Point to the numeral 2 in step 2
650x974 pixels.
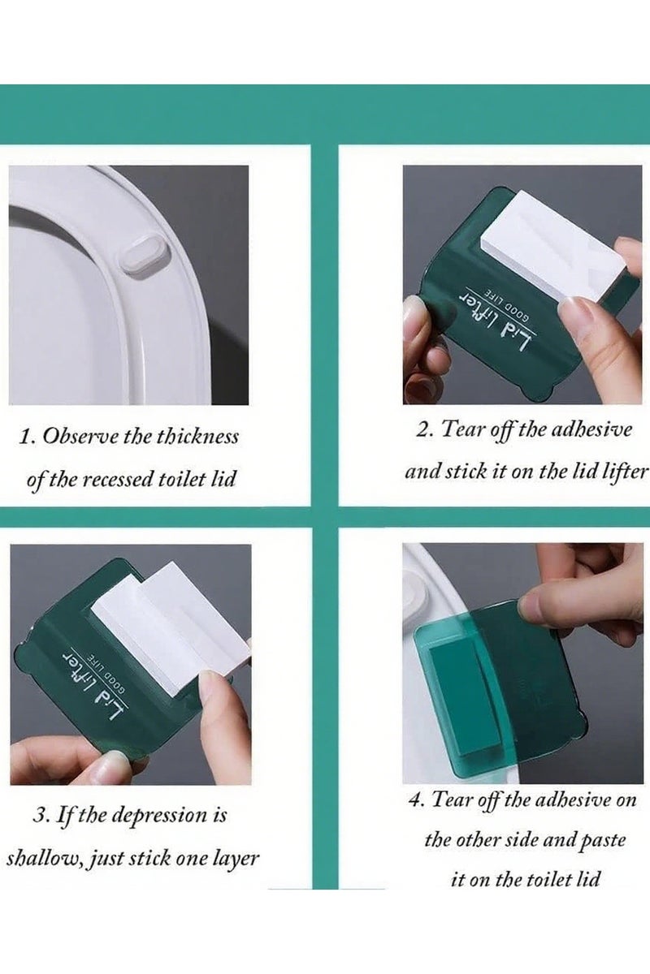click(422, 429)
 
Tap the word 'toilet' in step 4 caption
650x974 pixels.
click(549, 879)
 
